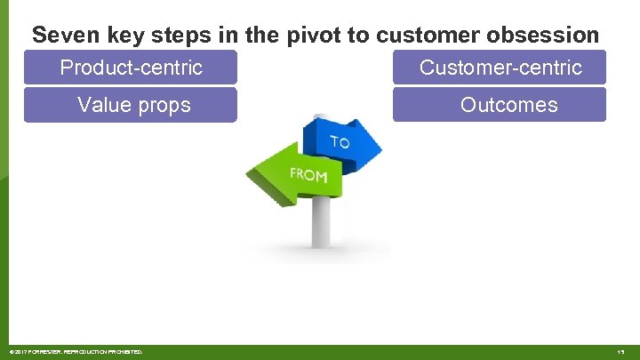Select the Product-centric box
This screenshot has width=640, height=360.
pos(131,68)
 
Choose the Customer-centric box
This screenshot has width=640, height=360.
pos(500,68)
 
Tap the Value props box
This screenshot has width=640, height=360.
pos(131,105)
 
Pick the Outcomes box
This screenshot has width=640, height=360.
pos(500,105)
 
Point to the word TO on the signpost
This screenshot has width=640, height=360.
pos(340,142)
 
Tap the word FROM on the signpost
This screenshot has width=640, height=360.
pos(308,175)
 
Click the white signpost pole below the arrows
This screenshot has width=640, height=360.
pos(321,222)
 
